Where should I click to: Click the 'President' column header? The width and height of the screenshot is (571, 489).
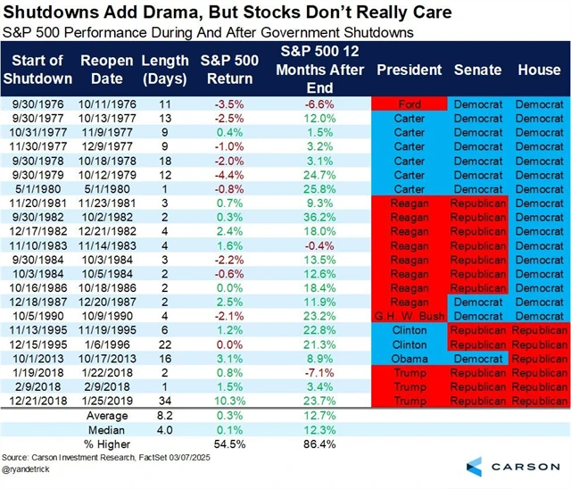[x=409, y=69]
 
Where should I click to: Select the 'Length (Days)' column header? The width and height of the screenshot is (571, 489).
[x=165, y=69]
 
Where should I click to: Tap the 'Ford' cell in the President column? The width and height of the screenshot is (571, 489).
[x=409, y=104]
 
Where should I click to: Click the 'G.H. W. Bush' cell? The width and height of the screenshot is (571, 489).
[x=409, y=315]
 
